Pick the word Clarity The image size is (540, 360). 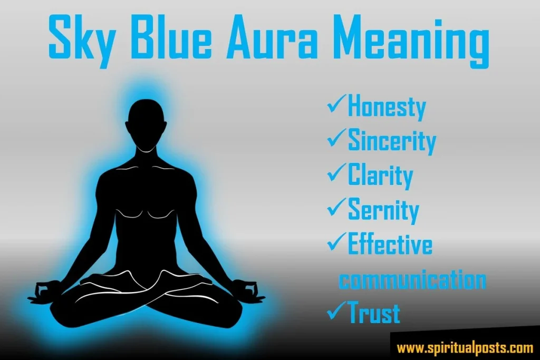coord(380,175)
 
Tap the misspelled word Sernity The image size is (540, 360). coord(383,210)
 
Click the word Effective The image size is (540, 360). coord(390,244)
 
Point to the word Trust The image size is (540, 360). coord(374,313)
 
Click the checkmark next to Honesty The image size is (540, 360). coord(336,105)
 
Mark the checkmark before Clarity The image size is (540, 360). coord(336,172)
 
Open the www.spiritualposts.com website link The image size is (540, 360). coord(465,347)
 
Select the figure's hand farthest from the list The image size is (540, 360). coord(45,290)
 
